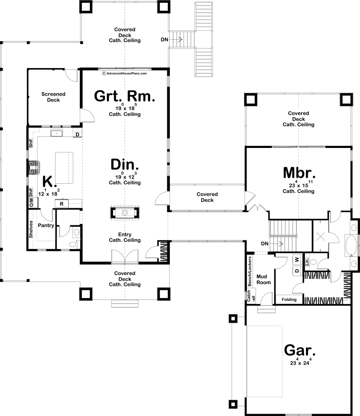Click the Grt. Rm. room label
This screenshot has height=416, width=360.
[124, 96]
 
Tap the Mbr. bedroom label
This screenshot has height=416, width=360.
[299, 173]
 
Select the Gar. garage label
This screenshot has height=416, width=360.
[300, 350]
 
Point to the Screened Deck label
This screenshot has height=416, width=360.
[53, 97]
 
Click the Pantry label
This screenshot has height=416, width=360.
[46, 225]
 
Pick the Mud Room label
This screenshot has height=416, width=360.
[263, 280]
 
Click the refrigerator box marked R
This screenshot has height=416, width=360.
[62, 204]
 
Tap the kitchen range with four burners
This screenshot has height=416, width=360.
[34, 168]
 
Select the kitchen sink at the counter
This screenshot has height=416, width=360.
[57, 133]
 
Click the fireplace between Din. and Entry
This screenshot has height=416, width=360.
[125, 213]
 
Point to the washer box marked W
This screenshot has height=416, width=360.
[297, 260]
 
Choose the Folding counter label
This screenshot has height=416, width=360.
[289, 300]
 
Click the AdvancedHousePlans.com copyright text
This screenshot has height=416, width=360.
[124, 73]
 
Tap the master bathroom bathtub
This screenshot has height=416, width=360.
[351, 245]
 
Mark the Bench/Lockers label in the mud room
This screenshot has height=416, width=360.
[249, 272]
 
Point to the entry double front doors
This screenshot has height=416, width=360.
[125, 257]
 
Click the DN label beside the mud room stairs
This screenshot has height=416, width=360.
[265, 243]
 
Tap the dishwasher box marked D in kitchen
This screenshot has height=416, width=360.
[77, 134]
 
